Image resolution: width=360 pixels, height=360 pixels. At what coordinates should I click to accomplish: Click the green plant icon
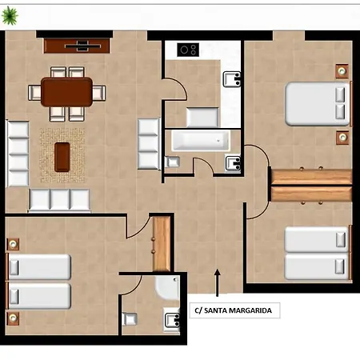[x=10, y=15]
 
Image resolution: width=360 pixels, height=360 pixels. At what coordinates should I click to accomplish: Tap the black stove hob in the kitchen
[x=188, y=50]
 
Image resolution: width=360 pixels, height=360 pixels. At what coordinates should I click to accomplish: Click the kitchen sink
[x=232, y=79]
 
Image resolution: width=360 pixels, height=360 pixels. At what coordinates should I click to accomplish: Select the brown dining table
[x=66, y=92]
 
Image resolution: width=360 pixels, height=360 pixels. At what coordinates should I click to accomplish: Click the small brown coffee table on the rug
[x=62, y=157]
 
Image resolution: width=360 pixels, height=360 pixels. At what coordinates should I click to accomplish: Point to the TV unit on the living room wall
[x=77, y=46]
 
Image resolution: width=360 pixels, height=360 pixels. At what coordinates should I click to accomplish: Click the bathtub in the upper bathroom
[x=201, y=141]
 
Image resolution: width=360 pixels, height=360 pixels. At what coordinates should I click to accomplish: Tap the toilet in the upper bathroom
[x=172, y=162]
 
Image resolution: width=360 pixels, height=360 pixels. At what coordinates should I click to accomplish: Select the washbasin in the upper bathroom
[x=233, y=163]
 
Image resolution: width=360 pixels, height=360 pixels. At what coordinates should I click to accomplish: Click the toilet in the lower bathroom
[x=130, y=318]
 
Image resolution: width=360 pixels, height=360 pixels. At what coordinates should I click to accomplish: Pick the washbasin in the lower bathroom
[x=172, y=320]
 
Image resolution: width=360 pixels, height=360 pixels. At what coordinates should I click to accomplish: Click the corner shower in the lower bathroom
[x=167, y=288]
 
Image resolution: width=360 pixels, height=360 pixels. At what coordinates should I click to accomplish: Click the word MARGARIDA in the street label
[x=250, y=310]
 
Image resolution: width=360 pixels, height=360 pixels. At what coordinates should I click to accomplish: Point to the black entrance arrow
[x=218, y=282]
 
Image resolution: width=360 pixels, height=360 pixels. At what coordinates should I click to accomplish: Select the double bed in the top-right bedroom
[x=318, y=104]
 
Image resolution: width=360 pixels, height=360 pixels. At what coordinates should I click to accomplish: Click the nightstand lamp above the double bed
[x=342, y=71]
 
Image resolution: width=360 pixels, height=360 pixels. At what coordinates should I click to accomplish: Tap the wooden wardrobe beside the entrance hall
[x=162, y=244]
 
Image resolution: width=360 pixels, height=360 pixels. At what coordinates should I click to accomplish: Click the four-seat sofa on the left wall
[x=18, y=154]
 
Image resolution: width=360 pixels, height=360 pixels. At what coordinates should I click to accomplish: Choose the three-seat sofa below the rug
[x=59, y=200]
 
